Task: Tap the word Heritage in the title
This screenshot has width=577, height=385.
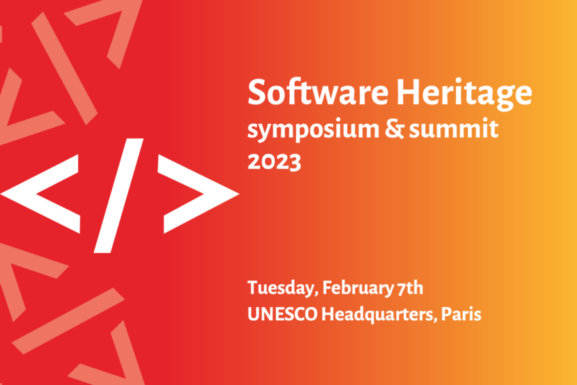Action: click(464, 94)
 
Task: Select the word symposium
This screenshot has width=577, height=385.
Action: click(313, 130)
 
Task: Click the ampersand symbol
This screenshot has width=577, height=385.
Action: click(394, 128)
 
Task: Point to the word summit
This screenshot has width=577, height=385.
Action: click(454, 128)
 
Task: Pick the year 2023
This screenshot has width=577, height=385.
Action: click(274, 161)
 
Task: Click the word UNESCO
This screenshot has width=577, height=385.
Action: click(283, 314)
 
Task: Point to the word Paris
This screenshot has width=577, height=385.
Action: click(461, 314)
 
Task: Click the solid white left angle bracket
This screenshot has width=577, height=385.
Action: click(40, 194)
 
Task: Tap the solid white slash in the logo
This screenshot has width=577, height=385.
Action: click(119, 196)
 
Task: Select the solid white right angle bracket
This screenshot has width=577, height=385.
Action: click(198, 194)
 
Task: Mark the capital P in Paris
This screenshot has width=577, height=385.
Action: click(447, 314)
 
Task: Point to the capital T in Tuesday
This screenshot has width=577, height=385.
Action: click(254, 287)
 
